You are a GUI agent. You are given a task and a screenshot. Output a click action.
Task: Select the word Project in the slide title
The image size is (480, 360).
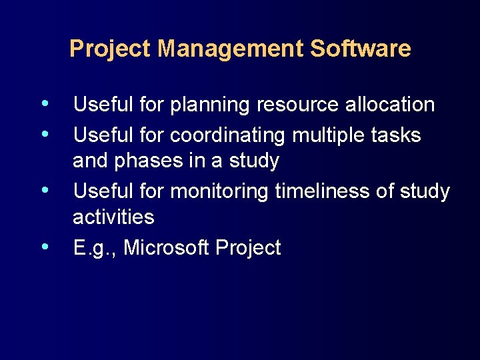(x=111, y=49)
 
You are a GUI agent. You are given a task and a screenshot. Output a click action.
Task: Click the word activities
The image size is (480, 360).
(x=113, y=217)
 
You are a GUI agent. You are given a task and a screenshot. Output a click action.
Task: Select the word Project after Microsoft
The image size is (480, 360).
(x=248, y=248)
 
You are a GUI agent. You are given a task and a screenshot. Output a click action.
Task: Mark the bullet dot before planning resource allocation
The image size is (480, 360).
(x=44, y=103)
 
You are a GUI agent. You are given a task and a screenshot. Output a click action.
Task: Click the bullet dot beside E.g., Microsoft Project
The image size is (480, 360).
(x=44, y=247)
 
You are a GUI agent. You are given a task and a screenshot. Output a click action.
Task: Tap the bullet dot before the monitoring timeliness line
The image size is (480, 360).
(x=44, y=190)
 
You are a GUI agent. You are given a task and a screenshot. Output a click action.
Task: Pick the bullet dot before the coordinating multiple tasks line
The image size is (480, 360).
(x=44, y=134)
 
